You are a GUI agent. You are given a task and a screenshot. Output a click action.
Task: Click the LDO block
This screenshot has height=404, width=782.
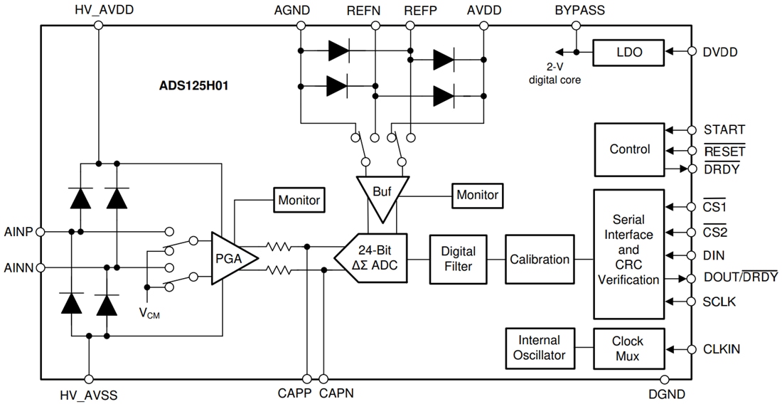click(628, 52)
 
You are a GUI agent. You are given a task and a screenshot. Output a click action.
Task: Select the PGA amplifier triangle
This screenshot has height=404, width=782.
click(227, 258)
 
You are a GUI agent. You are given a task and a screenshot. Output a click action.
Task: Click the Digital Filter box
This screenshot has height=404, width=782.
click(459, 259)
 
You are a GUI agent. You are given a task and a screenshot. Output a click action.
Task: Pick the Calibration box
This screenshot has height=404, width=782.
click(540, 259)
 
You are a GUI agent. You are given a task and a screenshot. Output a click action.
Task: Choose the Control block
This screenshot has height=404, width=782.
click(629, 149)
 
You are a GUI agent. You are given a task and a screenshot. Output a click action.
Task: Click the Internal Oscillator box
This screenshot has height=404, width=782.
click(540, 348)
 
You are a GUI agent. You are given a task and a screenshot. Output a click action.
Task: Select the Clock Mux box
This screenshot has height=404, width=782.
click(628, 348)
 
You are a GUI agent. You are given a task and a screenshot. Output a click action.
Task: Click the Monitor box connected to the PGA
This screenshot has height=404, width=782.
click(299, 200)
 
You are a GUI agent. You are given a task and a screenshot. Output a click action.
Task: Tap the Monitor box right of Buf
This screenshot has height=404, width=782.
click(477, 194)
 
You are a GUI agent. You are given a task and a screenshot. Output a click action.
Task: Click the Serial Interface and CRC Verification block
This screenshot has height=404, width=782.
click(628, 255)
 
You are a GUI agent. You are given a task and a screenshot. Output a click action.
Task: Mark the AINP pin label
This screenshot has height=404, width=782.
click(18, 231)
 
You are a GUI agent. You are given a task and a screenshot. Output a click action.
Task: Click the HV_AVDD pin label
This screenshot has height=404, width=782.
click(99, 11)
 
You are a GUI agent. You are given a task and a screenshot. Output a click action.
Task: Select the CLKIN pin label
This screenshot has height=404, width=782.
click(722, 349)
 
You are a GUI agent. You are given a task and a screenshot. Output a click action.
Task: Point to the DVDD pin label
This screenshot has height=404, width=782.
click(720, 52)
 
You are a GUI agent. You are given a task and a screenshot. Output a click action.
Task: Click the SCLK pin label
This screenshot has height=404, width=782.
click(719, 302)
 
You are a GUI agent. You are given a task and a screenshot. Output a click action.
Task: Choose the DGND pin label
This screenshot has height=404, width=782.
click(667, 393)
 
